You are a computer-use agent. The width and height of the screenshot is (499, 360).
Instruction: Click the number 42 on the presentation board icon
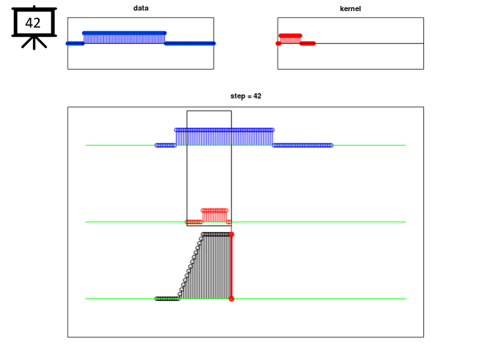(33, 23)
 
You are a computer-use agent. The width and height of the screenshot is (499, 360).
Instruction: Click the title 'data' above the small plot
(141, 9)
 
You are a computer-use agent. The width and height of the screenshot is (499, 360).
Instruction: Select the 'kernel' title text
(350, 9)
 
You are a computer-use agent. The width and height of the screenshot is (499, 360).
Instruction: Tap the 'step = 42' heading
(246, 96)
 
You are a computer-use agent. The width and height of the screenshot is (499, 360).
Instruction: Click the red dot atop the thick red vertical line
(231, 235)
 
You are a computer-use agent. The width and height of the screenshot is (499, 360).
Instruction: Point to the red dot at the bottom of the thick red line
(231, 299)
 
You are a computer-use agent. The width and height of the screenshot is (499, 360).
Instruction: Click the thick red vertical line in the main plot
(231, 267)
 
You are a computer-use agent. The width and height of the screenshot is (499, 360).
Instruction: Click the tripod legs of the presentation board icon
(34, 42)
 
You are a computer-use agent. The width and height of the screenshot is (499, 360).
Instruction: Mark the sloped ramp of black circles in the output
(191, 267)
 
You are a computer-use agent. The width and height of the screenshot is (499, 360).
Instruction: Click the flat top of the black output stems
(216, 235)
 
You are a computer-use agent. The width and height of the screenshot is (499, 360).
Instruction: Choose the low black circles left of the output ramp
(168, 299)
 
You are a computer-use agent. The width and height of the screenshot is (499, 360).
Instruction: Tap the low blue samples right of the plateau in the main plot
(302, 145)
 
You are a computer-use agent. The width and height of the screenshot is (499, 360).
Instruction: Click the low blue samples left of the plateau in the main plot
(166, 145)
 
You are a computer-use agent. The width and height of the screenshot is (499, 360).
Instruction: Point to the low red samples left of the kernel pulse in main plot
(194, 222)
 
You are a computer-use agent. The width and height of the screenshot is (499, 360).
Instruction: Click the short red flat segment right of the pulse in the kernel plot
(308, 43)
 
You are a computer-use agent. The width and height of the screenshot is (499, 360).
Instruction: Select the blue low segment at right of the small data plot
(190, 43)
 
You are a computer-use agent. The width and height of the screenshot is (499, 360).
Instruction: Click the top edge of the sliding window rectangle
(209, 110)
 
